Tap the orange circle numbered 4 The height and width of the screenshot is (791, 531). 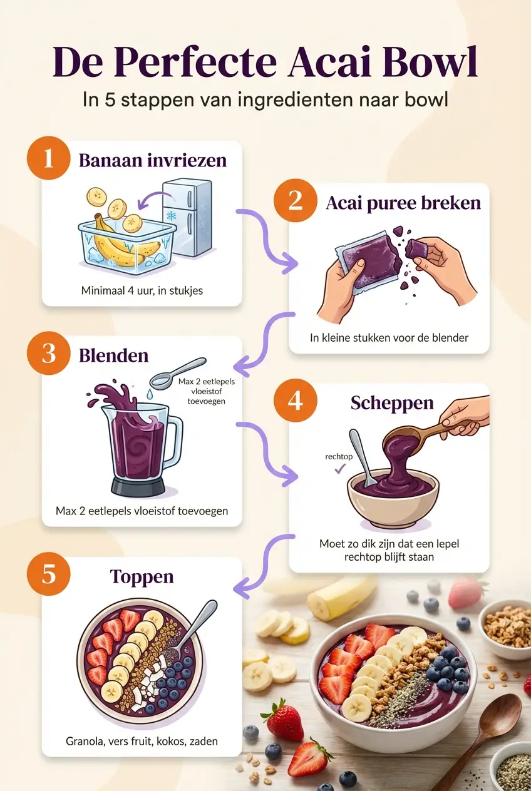tap(295, 401)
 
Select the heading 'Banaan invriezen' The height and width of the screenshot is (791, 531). tap(152, 160)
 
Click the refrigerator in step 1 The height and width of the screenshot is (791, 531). tap(187, 217)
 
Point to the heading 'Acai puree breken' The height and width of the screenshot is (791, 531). tap(403, 203)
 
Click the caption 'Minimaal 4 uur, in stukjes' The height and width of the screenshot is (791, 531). tap(142, 290)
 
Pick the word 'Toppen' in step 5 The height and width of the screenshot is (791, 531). tap(142, 576)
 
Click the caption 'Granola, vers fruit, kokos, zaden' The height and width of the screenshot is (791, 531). tap(142, 741)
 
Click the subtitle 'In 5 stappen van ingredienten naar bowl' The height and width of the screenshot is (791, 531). tap(265, 100)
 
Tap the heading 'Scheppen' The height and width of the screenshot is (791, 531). tap(392, 402)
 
